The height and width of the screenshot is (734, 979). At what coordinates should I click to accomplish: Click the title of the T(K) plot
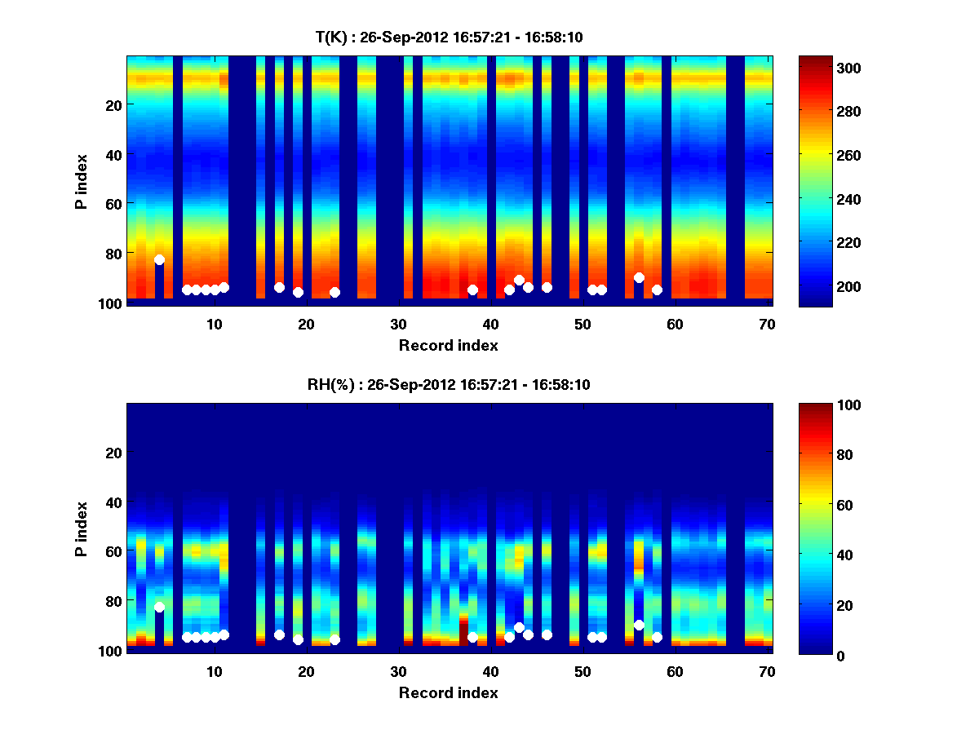click(x=449, y=37)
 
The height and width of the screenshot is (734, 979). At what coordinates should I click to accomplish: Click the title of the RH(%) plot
click(x=449, y=385)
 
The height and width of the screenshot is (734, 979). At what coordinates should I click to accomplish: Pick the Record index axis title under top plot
click(x=449, y=345)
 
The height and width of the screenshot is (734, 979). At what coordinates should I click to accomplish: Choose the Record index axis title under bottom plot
click(x=449, y=692)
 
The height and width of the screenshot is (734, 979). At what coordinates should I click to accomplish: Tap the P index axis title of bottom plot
click(x=81, y=528)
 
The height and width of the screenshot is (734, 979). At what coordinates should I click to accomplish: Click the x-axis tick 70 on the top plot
click(x=766, y=323)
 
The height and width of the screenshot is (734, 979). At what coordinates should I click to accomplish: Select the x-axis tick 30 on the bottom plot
click(x=398, y=670)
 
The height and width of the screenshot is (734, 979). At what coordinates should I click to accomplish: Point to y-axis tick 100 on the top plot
click(x=111, y=303)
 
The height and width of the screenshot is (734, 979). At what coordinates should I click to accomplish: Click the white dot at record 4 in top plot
click(x=159, y=260)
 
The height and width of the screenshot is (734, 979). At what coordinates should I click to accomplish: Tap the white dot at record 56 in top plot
click(x=639, y=278)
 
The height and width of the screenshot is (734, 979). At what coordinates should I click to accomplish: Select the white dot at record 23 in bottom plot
click(x=334, y=640)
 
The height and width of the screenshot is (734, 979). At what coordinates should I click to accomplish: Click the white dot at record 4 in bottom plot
click(x=159, y=608)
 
